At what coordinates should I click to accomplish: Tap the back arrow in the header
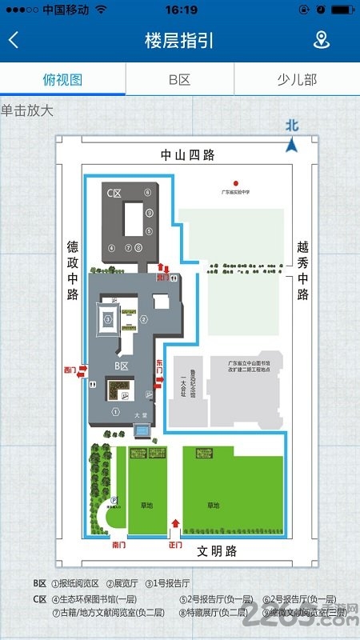(14, 40)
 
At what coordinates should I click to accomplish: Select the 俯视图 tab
(62, 80)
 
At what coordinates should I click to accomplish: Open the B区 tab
(179, 80)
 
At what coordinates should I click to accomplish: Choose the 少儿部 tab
(296, 80)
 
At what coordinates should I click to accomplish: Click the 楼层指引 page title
(179, 40)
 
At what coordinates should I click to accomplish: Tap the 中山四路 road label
(188, 155)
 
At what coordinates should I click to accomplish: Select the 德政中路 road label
(71, 271)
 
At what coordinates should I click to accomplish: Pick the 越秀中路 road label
(302, 271)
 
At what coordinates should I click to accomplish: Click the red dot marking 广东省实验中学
(235, 182)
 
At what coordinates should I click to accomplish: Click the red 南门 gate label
(118, 543)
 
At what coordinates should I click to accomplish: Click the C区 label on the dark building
(114, 194)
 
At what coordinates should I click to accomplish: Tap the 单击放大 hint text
(27, 110)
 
